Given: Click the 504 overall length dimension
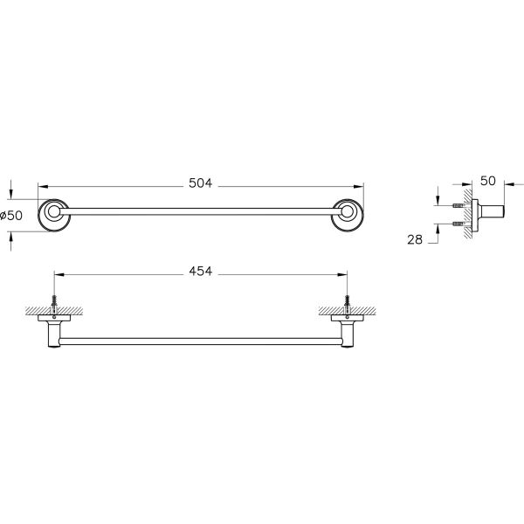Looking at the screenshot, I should tap(201, 184).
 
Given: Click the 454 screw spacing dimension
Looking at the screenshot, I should tap(201, 272).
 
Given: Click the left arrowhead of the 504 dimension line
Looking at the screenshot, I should tap(41, 185).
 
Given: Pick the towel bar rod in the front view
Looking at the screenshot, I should tap(201, 211).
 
